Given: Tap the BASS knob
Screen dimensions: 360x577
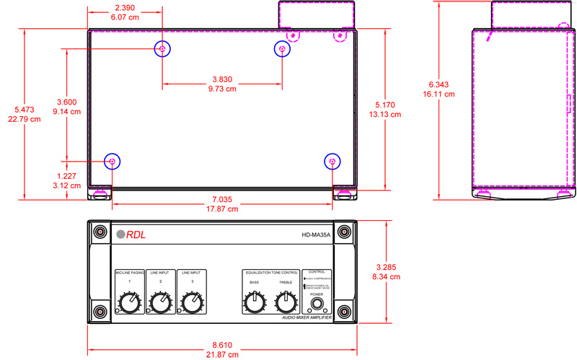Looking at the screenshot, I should [x=254, y=303].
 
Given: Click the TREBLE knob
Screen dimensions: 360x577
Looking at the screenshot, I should [x=286, y=303].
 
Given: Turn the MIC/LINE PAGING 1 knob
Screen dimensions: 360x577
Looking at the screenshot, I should [x=128, y=303].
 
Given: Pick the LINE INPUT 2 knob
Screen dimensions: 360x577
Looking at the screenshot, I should [x=160, y=303].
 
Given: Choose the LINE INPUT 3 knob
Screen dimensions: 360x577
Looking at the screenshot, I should [x=191, y=303].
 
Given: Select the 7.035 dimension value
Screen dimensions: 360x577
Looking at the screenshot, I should [x=221, y=199].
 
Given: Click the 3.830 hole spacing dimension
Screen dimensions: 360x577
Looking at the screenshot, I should [x=221, y=79].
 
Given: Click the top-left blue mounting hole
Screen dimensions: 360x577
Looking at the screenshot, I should [x=162, y=49].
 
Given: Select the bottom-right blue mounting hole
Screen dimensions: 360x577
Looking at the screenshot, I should [x=332, y=162].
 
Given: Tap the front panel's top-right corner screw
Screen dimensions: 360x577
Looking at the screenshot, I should [x=344, y=232].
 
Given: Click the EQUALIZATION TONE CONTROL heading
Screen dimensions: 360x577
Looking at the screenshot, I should [x=270, y=273].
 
